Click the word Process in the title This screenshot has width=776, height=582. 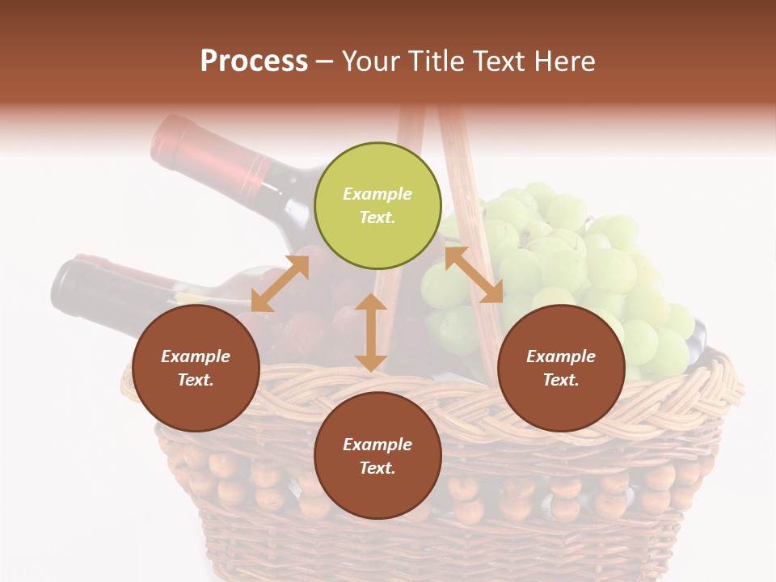254,61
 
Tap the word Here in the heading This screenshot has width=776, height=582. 563,61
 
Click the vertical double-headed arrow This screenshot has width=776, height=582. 371,332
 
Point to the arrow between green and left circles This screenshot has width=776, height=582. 280,284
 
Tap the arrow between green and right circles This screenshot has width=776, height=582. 474,275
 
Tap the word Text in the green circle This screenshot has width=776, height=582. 377,217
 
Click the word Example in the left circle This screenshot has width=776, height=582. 196,356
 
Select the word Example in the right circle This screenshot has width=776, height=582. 561,356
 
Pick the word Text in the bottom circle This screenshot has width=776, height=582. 377,468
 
